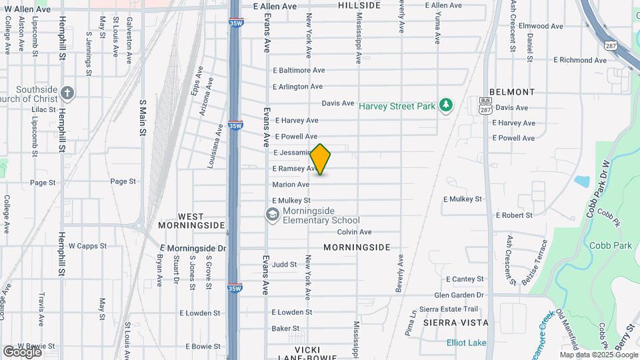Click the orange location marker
click(x=321, y=159)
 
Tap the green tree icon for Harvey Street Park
click(x=446, y=106)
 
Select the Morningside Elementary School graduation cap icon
click(x=271, y=215)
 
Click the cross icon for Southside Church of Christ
click(x=66, y=93)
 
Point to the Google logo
click(x=21, y=351)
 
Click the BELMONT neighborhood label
click(x=512, y=92)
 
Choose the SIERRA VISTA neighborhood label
click(x=456, y=323)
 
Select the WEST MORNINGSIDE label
click(x=181, y=221)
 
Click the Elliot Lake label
click(x=466, y=343)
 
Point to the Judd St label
click(x=284, y=265)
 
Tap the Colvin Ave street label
click(x=354, y=232)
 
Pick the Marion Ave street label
click(x=291, y=185)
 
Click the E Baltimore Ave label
click(x=299, y=70)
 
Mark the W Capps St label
click(x=87, y=246)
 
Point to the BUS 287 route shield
click(x=485, y=104)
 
